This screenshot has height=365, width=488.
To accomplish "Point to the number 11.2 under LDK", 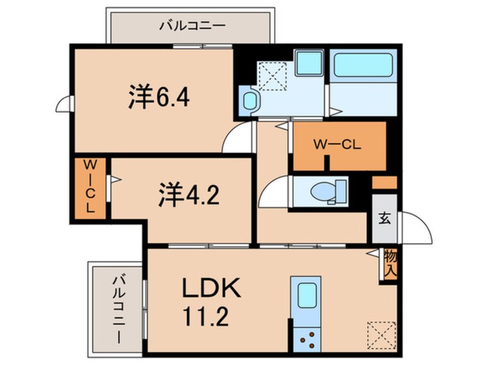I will (205, 317).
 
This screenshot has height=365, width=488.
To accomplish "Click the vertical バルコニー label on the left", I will (118, 308).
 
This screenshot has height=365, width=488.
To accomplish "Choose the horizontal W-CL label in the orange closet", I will (337, 146).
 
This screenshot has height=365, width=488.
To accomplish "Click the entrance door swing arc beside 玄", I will (416, 228).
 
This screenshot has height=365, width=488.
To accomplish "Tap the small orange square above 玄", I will (384, 183).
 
